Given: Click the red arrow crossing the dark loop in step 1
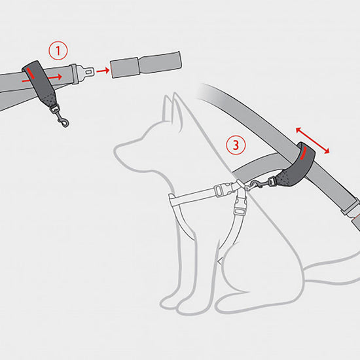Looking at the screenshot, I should click(x=46, y=76).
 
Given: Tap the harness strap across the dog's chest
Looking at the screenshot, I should click(x=196, y=194).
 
